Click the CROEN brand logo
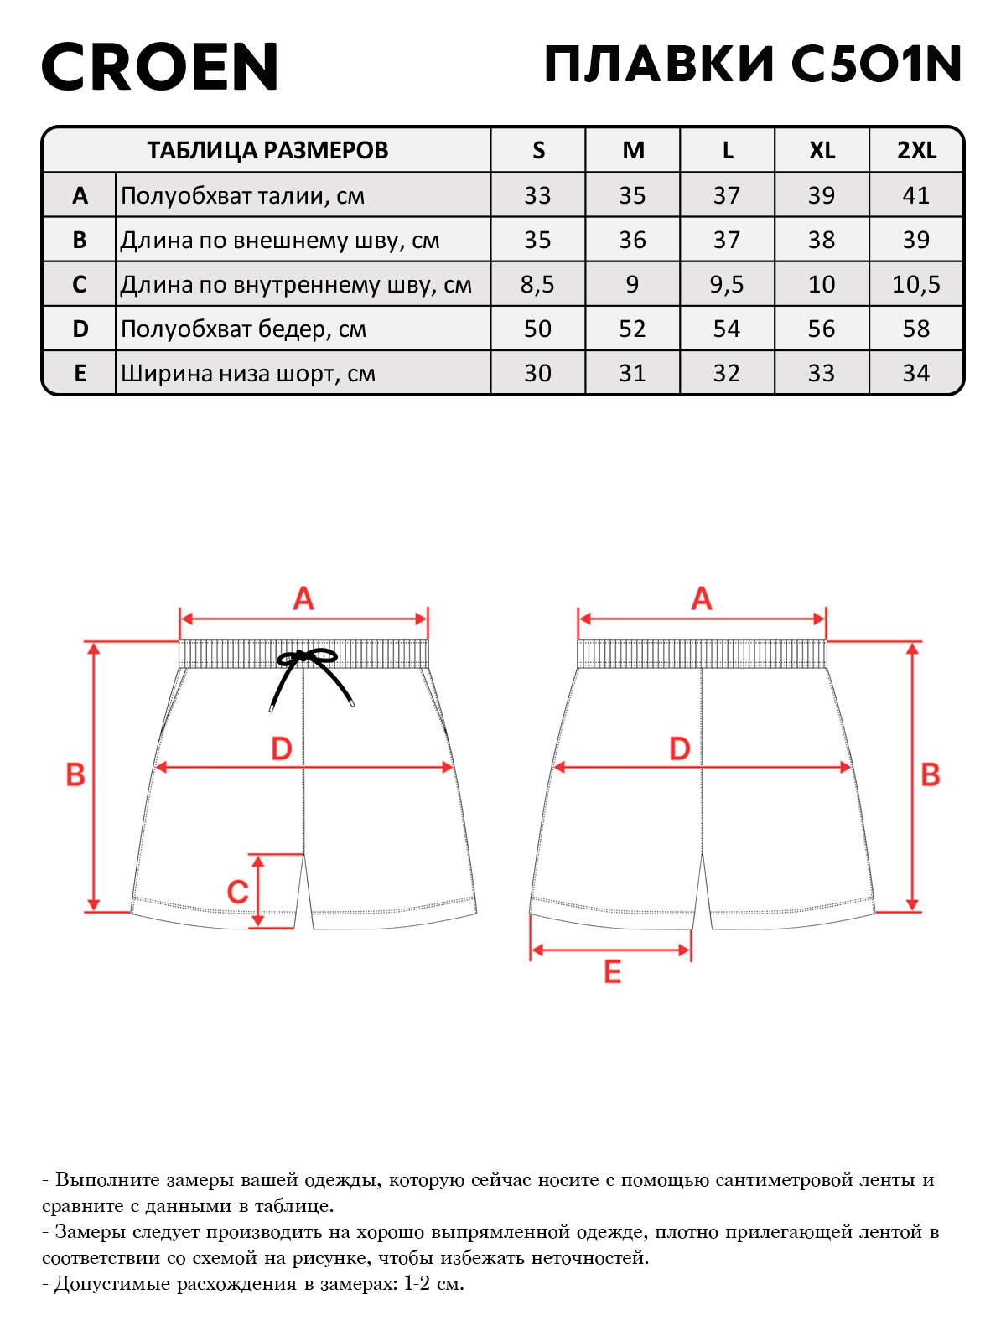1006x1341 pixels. (x=160, y=66)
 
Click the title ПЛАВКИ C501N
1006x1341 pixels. (x=753, y=64)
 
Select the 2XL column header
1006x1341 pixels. (x=916, y=150)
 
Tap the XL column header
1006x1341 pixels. (x=822, y=150)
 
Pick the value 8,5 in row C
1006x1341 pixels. (x=537, y=285)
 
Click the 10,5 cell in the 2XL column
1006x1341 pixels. (x=916, y=285)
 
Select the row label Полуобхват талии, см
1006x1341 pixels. (x=242, y=196)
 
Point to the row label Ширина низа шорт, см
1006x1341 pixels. (x=248, y=373)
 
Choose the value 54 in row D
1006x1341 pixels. (x=727, y=329)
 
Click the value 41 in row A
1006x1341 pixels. (x=916, y=195)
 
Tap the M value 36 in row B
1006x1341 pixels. (x=632, y=240)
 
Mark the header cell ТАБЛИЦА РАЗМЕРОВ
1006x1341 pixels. (x=267, y=150)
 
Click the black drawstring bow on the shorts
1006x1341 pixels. (x=309, y=672)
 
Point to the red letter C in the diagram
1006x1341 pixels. (x=237, y=893)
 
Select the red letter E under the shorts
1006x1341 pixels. (x=612, y=972)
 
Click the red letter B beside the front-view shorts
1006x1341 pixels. (x=75, y=774)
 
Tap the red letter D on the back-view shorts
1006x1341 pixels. (x=680, y=749)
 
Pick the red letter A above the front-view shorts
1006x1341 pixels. (x=303, y=598)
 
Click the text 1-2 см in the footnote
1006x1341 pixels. (x=434, y=1283)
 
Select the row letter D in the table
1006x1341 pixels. (x=80, y=329)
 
